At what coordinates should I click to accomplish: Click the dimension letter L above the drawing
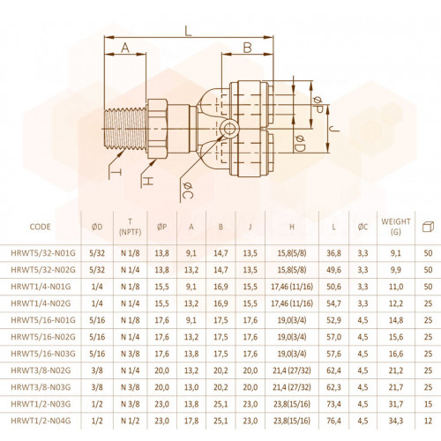pos(188,31)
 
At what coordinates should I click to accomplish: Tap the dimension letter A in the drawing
pos(125,48)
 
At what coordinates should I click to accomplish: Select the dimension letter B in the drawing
pos(248,48)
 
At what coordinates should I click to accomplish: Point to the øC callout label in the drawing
pos(188,191)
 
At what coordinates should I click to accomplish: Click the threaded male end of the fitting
pos(125,129)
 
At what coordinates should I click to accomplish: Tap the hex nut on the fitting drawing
pos(157,129)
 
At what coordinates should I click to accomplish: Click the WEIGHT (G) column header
pos(396,227)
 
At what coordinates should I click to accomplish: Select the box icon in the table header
pos(428,227)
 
